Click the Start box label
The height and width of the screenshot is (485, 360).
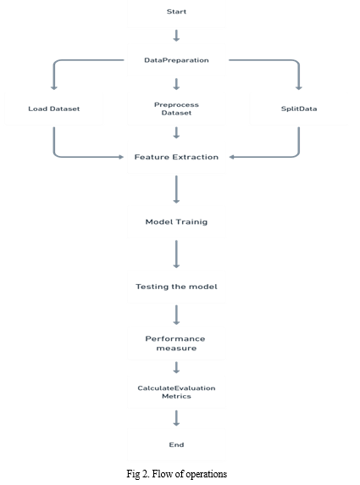point(176,12)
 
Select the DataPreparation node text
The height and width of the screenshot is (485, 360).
point(176,60)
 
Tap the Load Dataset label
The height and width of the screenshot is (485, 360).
point(54,109)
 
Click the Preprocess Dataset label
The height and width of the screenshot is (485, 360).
point(176,109)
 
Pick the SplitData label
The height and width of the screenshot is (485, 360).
point(299,109)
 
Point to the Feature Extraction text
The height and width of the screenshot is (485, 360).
point(176,157)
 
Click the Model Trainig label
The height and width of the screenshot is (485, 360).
point(176,222)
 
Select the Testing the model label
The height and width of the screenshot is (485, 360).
point(176,287)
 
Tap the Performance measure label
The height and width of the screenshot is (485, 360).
point(175,343)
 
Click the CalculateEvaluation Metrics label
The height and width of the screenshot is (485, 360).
point(176,393)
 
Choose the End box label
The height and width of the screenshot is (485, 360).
point(176,445)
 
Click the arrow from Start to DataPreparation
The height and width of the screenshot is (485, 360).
point(176,36)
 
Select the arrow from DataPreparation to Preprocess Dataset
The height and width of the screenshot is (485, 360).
point(176,84)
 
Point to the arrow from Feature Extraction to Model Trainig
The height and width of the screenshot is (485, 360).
point(176,189)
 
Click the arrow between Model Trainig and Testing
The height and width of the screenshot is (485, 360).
point(176,254)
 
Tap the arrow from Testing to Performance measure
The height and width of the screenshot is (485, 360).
point(176,315)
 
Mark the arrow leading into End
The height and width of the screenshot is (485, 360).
point(176,418)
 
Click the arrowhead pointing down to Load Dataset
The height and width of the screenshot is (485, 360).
point(54,88)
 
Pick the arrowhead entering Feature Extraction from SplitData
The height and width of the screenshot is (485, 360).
point(231,157)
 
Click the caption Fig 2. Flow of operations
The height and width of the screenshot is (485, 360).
point(177,474)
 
